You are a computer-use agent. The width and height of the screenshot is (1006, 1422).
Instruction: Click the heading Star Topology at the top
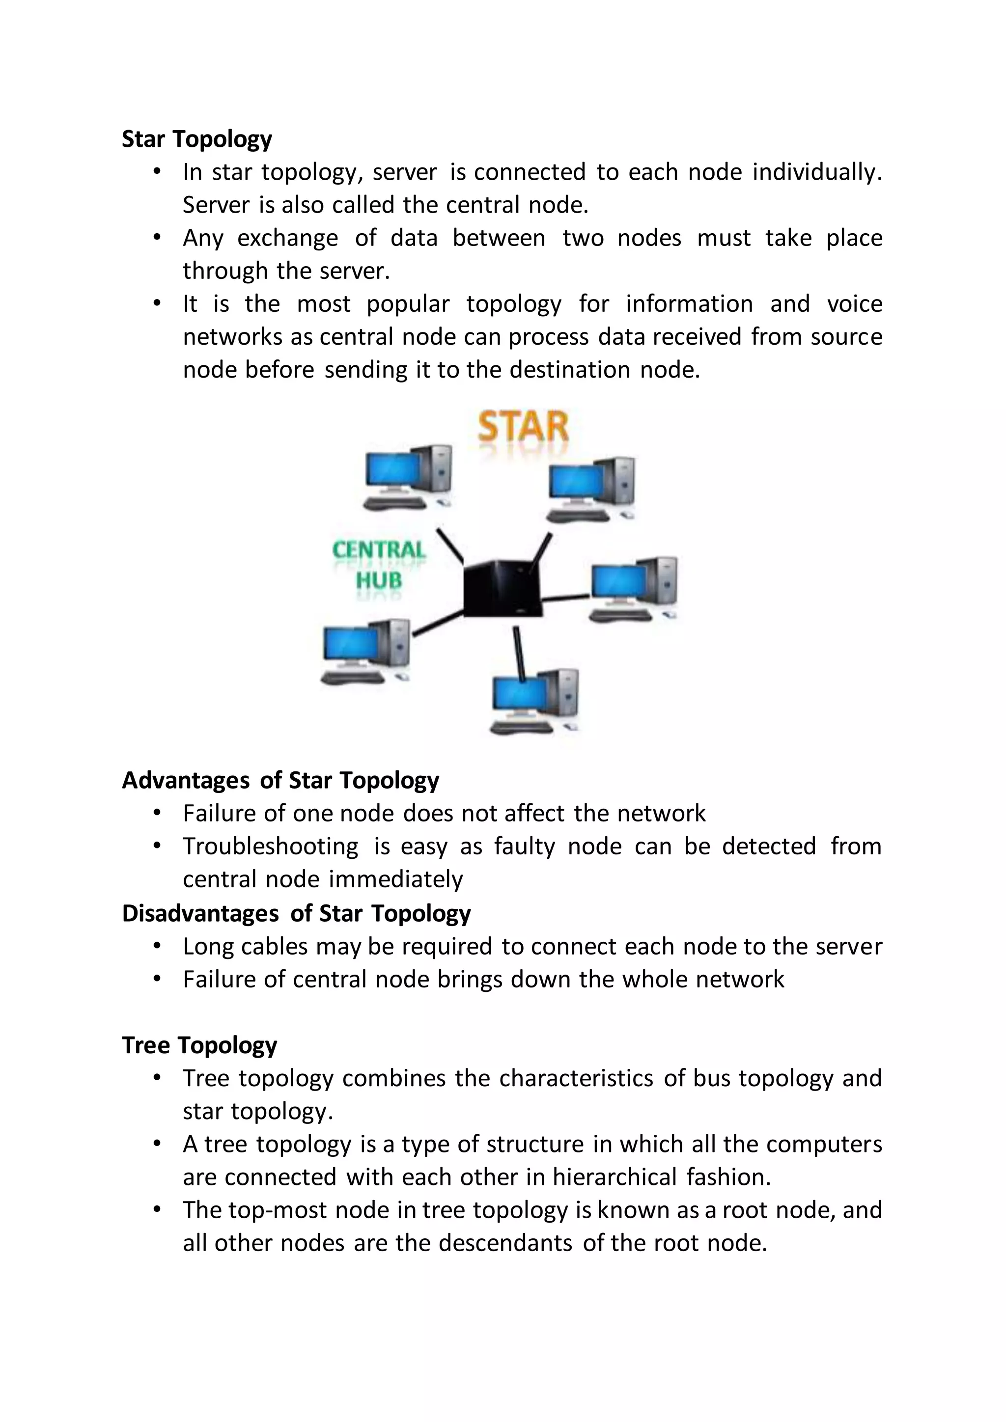(196, 139)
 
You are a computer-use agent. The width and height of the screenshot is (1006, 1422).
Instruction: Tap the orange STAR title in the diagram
(524, 427)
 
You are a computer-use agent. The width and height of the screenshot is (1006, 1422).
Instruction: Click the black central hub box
(503, 587)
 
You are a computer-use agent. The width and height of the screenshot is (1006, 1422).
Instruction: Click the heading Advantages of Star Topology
(280, 780)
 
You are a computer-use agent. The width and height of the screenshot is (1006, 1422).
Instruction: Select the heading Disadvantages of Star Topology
(296, 913)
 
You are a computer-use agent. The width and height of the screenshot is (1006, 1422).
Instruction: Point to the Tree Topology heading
(199, 1045)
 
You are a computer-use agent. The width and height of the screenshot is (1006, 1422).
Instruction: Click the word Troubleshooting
(270, 847)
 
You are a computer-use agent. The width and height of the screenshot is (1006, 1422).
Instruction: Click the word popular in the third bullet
(408, 304)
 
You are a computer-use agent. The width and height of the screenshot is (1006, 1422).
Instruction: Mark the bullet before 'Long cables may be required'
(157, 946)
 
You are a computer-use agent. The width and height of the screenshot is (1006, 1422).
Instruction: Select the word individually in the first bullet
(816, 172)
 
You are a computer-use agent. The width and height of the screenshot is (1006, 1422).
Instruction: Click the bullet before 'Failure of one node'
(157, 813)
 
